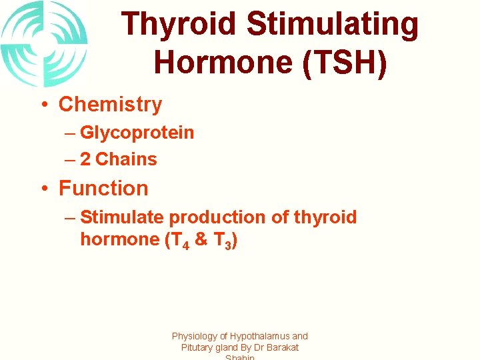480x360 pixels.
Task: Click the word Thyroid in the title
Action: (179, 25)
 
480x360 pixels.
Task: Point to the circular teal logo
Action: (44, 44)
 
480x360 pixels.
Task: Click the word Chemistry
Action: (110, 105)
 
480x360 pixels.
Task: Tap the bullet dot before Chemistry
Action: (42, 105)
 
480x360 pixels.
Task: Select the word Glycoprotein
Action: (137, 133)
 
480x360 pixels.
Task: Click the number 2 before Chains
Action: (85, 160)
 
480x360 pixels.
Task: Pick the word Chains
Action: (127, 160)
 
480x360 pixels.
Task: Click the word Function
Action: (103, 189)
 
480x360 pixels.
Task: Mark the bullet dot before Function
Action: (42, 189)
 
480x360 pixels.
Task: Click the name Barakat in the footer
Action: (282, 347)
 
